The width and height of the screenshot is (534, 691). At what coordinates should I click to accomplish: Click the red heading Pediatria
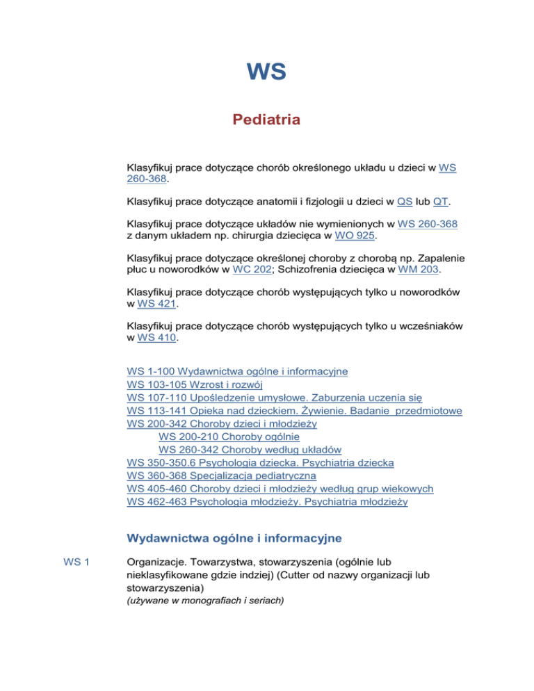pyautogui.click(x=266, y=120)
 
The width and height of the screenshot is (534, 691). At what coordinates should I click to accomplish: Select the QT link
pyautogui.click(x=440, y=202)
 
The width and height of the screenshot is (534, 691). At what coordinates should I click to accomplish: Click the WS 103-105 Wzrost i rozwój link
pyautogui.click(x=196, y=384)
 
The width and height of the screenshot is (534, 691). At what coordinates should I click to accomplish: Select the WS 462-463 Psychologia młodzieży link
pyautogui.click(x=268, y=502)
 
